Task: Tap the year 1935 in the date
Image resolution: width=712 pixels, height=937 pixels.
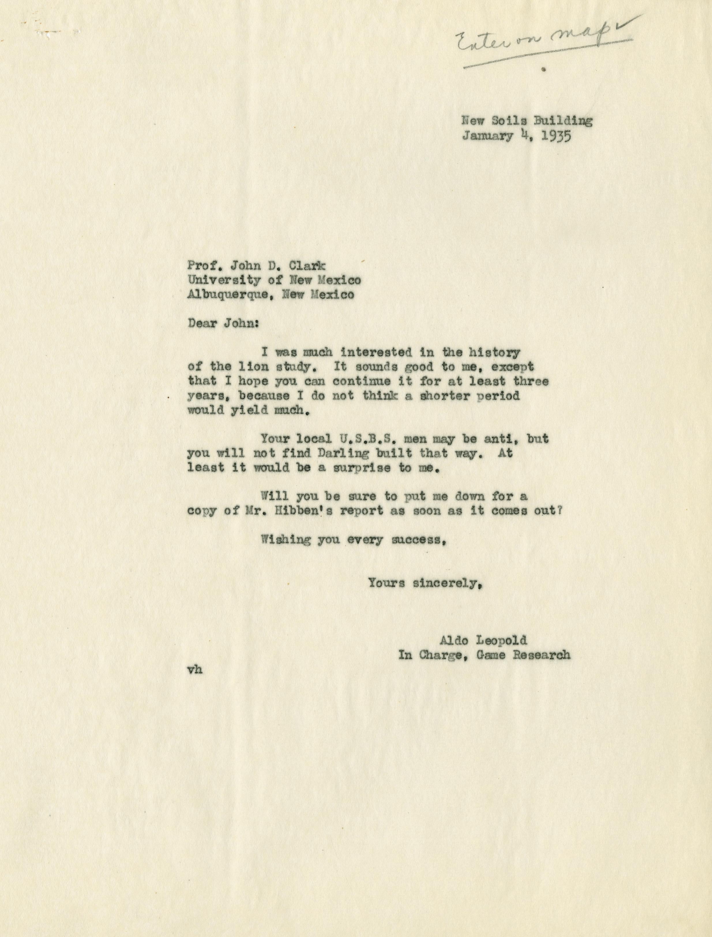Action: point(555,138)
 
